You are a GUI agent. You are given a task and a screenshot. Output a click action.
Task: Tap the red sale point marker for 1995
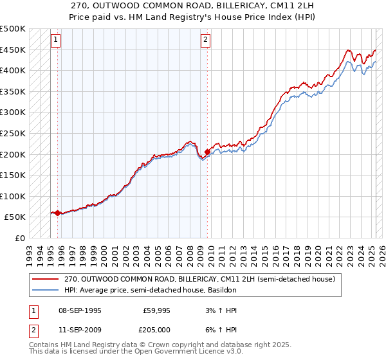click(57, 213)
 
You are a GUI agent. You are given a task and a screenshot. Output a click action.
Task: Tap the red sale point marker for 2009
click(207, 152)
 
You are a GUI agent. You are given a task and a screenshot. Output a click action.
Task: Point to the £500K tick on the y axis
click(14, 29)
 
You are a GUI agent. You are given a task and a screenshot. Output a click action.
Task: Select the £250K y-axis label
click(14, 133)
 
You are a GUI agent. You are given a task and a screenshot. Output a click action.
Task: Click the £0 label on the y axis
click(19, 238)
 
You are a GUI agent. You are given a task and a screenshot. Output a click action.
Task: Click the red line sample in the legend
click(46, 280)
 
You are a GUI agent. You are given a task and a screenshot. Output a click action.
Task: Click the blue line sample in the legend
click(46, 291)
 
